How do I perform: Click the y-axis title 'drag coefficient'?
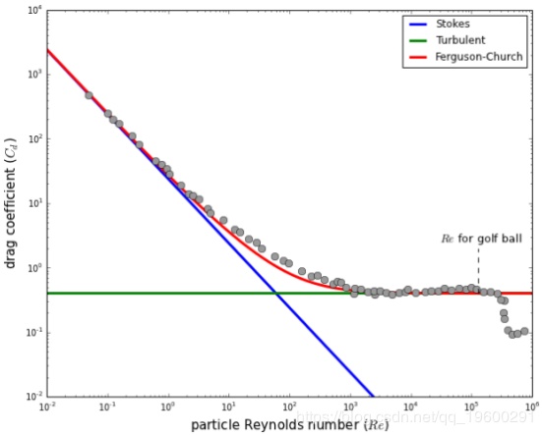[11, 202]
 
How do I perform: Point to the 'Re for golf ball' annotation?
[478, 238]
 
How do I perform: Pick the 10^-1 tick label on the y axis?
[33, 333]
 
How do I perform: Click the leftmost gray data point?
[89, 95]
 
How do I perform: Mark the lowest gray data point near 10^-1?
[513, 335]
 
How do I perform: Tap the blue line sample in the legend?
[421, 24]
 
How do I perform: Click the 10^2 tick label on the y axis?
[33, 139]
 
